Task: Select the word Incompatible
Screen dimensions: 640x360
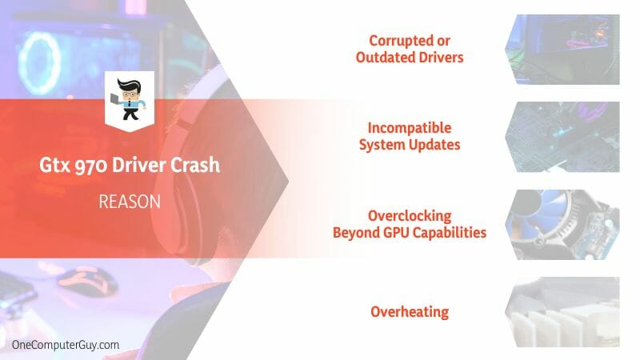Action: pos(410,128)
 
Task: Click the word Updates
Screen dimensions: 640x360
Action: pos(434,145)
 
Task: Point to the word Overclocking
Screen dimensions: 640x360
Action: pos(410,216)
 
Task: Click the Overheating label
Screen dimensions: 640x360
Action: pos(410,312)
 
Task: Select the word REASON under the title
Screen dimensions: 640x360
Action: pos(130,202)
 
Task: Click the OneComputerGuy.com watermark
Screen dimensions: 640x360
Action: pos(66,345)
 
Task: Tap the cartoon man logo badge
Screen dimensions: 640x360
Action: pos(130,101)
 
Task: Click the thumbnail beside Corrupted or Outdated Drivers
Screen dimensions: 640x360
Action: pos(562,50)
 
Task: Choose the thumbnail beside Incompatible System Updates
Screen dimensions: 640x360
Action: pos(562,137)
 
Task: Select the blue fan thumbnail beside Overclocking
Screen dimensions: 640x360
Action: pos(562,225)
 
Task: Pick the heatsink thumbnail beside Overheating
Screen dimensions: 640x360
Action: pos(562,312)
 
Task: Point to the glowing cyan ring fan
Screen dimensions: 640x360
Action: pos(24,63)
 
